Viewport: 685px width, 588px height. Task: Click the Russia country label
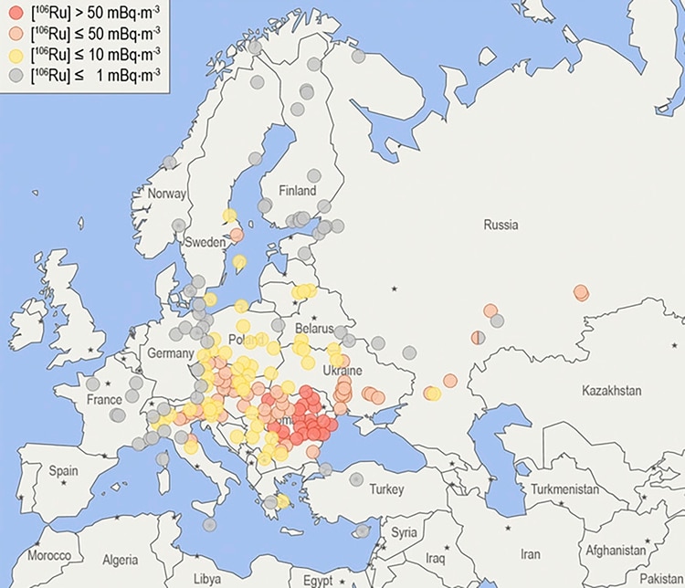(501, 225)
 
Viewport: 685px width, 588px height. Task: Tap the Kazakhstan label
(611, 391)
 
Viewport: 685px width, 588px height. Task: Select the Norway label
(166, 194)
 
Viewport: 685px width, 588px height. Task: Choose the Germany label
(170, 353)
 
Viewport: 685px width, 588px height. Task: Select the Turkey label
(386, 489)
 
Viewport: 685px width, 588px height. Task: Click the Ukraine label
(343, 371)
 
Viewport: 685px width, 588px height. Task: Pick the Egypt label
(318, 580)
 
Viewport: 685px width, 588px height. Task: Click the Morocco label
(48, 555)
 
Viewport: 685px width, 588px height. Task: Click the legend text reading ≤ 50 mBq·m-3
(94, 37)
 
